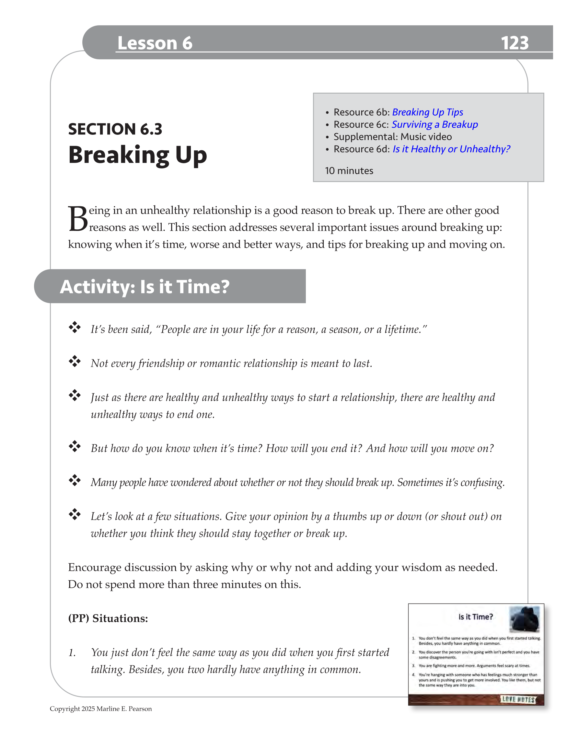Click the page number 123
coord(514,43)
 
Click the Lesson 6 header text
coord(155,43)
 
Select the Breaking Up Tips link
coord(427,112)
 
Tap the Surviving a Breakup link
coord(434,124)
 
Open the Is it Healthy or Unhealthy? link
coord(451,149)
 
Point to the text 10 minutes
coord(349,171)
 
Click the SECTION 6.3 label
coord(115,129)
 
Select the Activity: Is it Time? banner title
coord(144,287)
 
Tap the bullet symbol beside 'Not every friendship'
coord(74,361)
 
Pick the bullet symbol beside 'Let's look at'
coord(74,514)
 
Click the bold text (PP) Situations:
coord(108,618)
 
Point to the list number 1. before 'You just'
coord(72,653)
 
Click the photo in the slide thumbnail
coord(524,619)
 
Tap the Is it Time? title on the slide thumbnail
coord(475,617)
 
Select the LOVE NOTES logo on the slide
coord(518,699)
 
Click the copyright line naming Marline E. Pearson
coord(101,708)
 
